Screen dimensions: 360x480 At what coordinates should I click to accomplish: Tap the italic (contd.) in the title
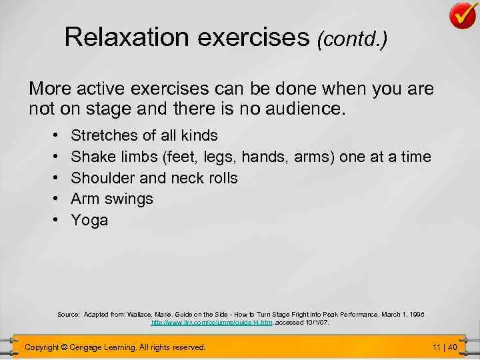coord(353,40)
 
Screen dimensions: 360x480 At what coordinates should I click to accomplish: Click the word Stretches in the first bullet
coord(105,136)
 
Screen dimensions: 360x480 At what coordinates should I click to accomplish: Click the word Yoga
coord(89,221)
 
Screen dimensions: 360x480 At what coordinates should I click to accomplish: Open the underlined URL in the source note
coord(211,322)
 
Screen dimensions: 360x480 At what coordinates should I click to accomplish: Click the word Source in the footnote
coord(68,313)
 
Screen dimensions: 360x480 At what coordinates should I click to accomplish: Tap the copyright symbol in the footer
coord(64,347)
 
